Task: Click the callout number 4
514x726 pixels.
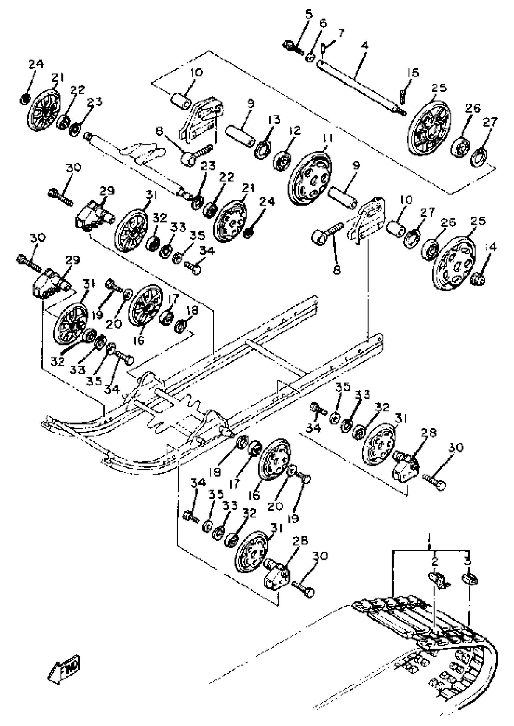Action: [364, 46]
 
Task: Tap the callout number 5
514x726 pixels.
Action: [309, 14]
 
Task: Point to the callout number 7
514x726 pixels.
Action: [341, 33]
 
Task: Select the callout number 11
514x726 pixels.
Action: [328, 138]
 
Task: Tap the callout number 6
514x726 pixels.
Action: [323, 23]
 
